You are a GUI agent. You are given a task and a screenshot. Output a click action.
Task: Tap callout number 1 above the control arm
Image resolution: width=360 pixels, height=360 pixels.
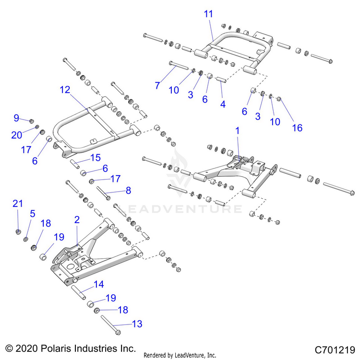tap(237, 130)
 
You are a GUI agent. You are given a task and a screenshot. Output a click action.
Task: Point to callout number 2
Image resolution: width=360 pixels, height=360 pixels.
tap(76, 220)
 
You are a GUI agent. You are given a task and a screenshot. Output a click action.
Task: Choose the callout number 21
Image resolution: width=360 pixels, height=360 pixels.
tap(18, 204)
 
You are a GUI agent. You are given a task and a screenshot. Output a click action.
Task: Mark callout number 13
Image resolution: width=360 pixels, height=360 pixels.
tap(137, 324)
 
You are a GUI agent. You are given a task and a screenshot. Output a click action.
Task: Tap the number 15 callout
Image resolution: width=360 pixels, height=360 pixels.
tap(96, 157)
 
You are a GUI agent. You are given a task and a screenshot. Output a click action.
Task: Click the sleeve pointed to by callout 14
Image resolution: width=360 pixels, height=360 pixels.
tap(79, 291)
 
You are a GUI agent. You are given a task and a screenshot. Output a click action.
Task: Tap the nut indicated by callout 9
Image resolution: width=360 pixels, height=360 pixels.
tap(31, 121)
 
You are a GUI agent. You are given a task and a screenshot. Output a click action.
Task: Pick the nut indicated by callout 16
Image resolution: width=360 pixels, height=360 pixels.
tap(280, 99)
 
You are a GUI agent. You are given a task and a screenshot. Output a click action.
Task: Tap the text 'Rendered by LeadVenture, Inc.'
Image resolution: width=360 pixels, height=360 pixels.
tap(180, 355)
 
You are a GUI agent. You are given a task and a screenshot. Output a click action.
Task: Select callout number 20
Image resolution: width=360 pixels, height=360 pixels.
tap(17, 136)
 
